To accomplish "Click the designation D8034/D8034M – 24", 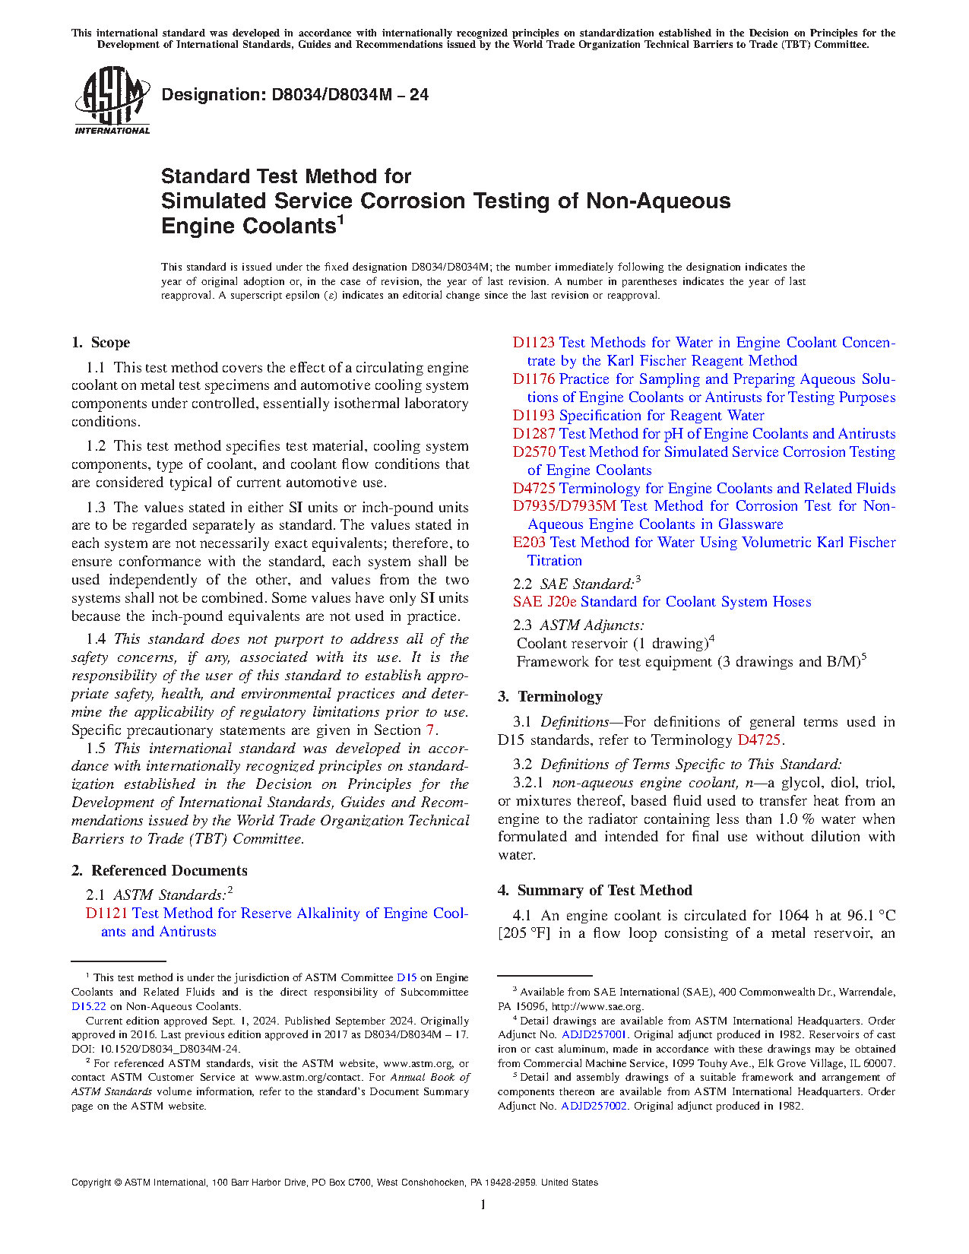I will point(295,95).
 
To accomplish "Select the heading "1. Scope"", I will point(100,343).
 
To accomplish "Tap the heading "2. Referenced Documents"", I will point(160,871).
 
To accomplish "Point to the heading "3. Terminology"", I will point(550,697).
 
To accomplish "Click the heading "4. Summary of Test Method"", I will point(595,891).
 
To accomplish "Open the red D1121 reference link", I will point(106,914).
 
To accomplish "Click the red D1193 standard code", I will point(534,416).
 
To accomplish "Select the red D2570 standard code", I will point(534,452).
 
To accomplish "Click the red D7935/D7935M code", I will point(564,506).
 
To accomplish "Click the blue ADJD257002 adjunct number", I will point(594,1107).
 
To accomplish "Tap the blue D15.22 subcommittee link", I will point(85,1007).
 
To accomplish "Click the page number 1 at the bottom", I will point(483,1205).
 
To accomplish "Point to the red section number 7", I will point(429,730).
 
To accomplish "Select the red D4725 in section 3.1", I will point(758,740).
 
